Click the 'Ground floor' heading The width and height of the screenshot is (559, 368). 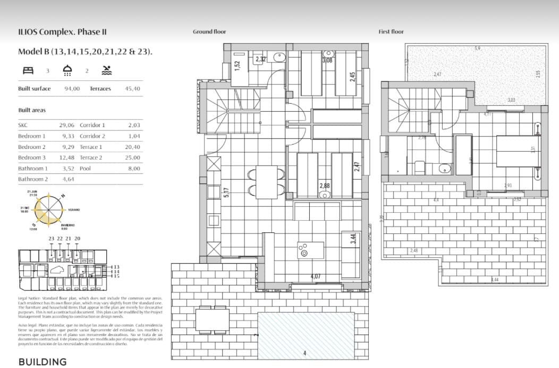(209, 32)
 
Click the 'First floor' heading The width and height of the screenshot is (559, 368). (391, 32)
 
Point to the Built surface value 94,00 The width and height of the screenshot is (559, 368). (72, 89)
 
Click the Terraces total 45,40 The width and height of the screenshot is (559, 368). (132, 89)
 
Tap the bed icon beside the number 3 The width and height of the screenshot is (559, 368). (28, 70)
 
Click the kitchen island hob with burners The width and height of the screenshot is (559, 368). (305, 249)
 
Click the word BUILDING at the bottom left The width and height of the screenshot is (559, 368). (43, 362)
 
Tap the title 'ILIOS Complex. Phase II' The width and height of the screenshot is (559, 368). (62, 32)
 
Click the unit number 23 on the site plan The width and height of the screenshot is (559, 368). (51, 239)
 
